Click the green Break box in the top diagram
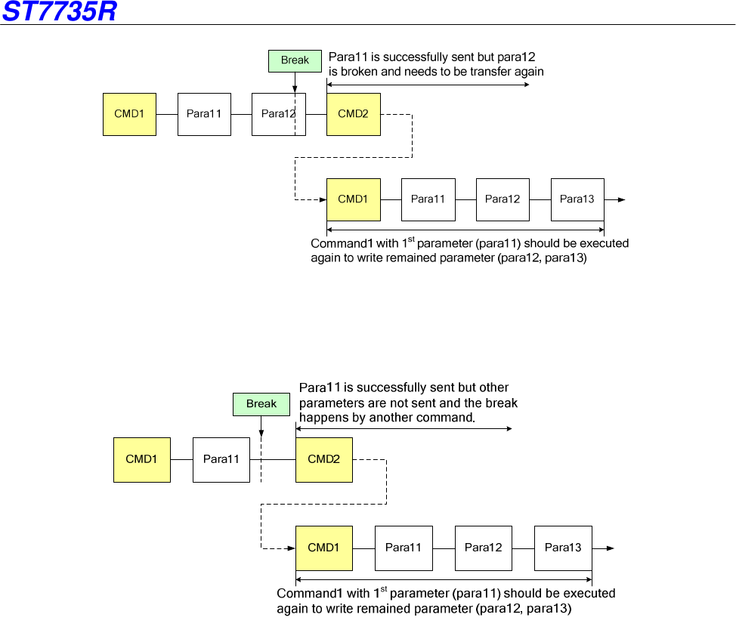click(295, 61)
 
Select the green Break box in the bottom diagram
click(261, 404)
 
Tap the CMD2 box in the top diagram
click(353, 114)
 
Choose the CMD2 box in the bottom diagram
click(323, 459)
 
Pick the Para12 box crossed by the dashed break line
click(278, 114)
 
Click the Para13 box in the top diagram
click(577, 199)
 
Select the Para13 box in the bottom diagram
click(563, 548)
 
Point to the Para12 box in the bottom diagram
click(483, 548)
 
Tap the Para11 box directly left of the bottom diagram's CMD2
click(221, 459)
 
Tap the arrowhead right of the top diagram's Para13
click(621, 199)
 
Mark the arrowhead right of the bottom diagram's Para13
click(609, 548)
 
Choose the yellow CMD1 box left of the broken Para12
click(129, 114)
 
